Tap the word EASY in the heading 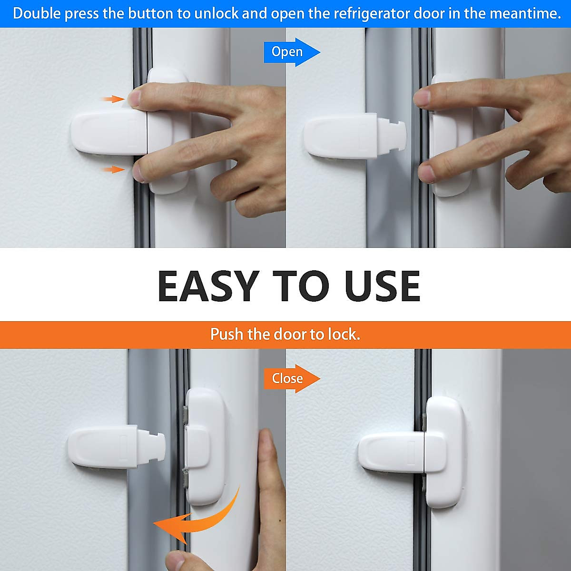point(208,286)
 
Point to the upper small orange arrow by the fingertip point(113,99)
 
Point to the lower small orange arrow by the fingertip point(113,169)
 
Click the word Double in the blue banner point(37,13)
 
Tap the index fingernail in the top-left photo point(135,98)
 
